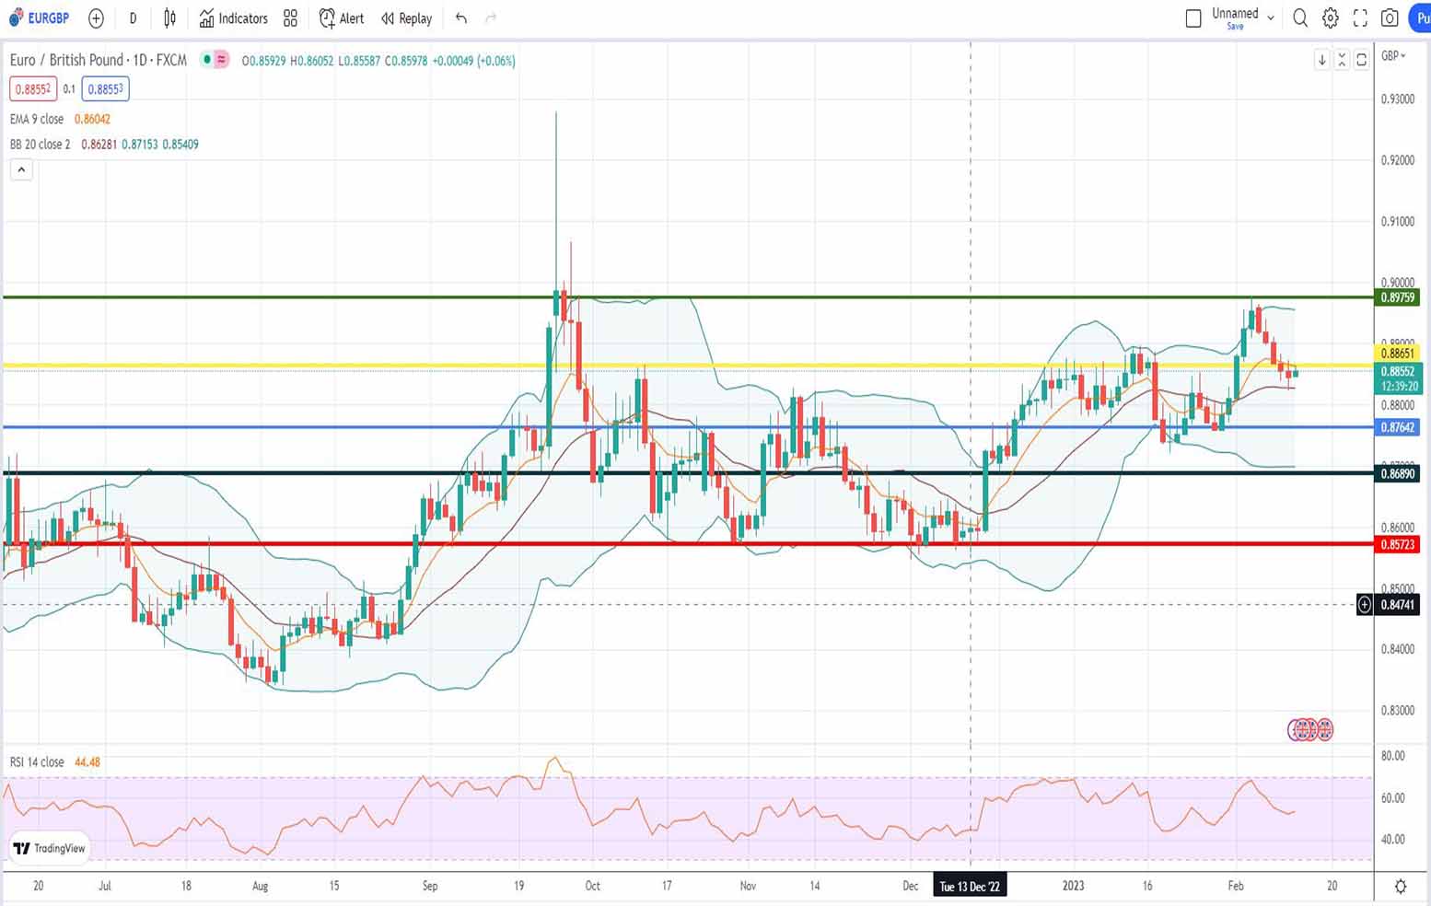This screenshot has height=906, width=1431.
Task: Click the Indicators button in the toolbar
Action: (234, 18)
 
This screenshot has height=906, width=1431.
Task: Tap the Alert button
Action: (342, 18)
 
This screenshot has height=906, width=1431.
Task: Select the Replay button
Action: (406, 18)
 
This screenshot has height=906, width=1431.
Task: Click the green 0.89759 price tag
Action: (1397, 297)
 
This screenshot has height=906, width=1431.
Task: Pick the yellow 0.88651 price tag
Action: (1397, 354)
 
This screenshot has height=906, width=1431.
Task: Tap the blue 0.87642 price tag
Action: (1397, 427)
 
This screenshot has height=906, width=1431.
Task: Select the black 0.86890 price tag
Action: (1397, 473)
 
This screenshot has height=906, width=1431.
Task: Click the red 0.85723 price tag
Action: (1397, 544)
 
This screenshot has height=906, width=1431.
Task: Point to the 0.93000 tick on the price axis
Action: (1397, 99)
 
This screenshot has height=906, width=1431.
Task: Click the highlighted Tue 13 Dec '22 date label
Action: (970, 886)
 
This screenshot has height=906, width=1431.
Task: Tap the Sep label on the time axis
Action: (430, 886)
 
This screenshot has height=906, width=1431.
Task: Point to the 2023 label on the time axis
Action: (1073, 886)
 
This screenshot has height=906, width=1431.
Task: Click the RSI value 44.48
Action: (87, 762)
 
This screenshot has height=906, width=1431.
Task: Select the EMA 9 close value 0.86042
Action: (92, 119)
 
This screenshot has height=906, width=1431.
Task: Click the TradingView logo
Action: (50, 848)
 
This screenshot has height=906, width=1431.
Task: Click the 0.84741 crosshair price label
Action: (1397, 605)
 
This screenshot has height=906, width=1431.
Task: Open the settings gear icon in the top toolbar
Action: (1330, 18)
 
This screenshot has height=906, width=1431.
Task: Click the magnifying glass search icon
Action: (1300, 18)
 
